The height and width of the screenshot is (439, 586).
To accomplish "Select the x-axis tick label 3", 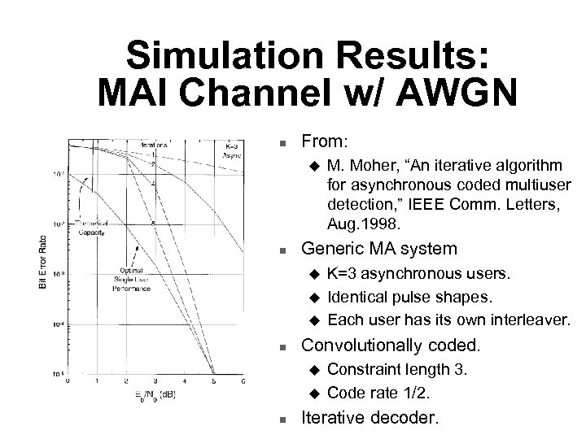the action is pyautogui.click(x=155, y=380).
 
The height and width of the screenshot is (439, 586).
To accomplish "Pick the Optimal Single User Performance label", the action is pyautogui.click(x=133, y=280).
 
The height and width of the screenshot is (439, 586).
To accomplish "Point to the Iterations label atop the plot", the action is pyautogui.click(x=154, y=144).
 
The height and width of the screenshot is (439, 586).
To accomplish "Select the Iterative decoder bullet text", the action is pyautogui.click(x=370, y=419).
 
